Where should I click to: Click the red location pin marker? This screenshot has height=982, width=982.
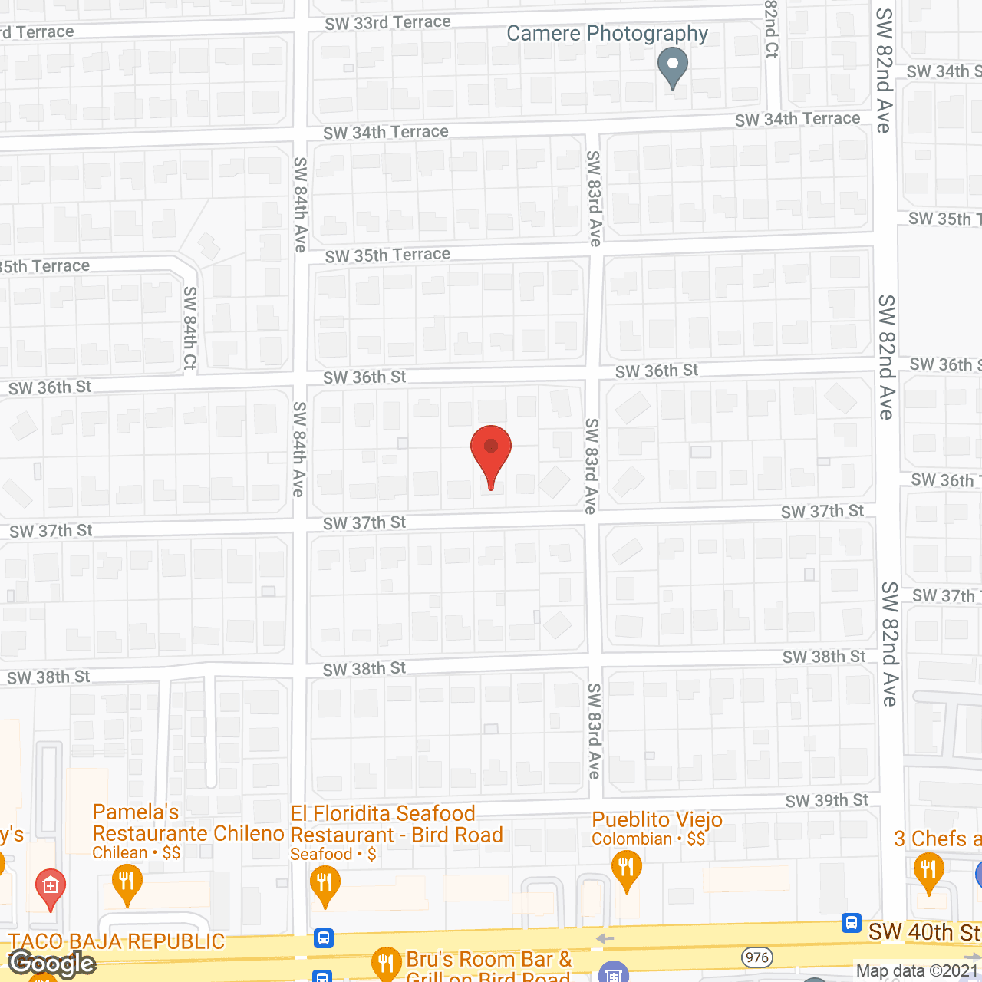[x=491, y=453]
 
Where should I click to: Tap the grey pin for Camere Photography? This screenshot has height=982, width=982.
[x=673, y=68]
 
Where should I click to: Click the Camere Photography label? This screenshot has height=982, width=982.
[x=607, y=34]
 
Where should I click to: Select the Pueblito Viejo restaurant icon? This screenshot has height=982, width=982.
[x=627, y=870]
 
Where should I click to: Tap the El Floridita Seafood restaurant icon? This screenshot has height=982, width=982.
[x=325, y=885]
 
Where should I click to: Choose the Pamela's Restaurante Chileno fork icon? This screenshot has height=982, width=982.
[x=127, y=882]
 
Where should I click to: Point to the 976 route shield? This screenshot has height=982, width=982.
[x=756, y=957]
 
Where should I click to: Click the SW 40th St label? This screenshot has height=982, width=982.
[x=924, y=932]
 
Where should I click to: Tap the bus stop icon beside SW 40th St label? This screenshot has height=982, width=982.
[x=851, y=923]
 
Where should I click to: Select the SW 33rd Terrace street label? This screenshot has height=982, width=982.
[x=387, y=23]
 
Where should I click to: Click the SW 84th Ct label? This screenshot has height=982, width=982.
[x=190, y=328]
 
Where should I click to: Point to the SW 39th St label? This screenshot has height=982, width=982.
[x=826, y=801]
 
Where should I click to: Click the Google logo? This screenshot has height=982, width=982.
[x=52, y=964]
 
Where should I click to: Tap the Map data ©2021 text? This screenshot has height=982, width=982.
[x=917, y=971]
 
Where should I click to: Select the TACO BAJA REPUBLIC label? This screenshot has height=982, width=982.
[x=117, y=941]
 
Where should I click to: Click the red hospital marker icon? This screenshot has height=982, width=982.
[x=51, y=888]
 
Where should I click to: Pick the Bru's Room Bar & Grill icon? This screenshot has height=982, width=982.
[x=385, y=962]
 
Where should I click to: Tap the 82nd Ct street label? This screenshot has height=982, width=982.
[x=772, y=29]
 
